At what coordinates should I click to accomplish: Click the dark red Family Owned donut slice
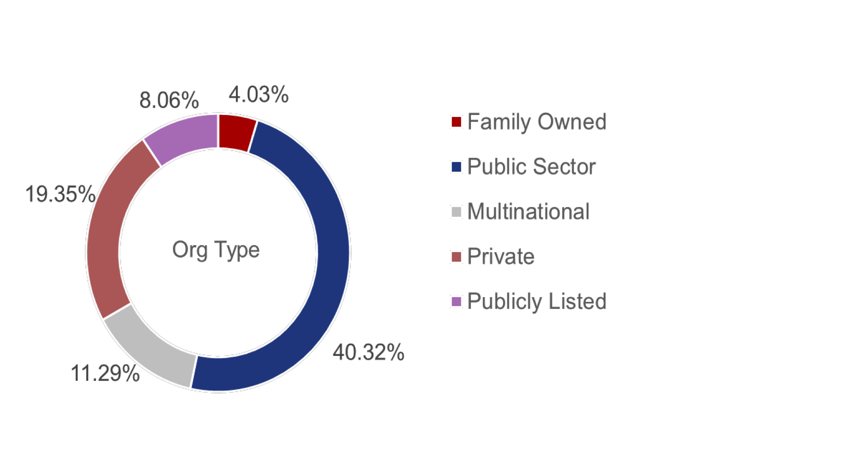tap(236, 132)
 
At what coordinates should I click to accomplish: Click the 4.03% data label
tap(259, 94)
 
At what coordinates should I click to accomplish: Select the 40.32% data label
tap(369, 352)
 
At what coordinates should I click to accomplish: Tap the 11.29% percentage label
tap(105, 374)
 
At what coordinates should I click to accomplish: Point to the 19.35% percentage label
tap(60, 194)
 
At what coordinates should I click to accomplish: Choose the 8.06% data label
tap(169, 100)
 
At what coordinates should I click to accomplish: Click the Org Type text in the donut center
tap(216, 250)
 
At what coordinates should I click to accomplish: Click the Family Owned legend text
tap(537, 122)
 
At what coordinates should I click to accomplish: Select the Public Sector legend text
tap(531, 167)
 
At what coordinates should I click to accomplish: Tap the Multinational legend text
tap(528, 212)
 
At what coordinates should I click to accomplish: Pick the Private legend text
tap(501, 256)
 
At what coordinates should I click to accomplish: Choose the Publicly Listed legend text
tap(537, 301)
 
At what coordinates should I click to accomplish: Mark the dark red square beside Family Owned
tap(456, 122)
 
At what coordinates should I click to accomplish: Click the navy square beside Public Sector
tap(456, 167)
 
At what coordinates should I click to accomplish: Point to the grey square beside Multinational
tap(456, 212)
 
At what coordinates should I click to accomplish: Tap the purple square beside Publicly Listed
tap(456, 301)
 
